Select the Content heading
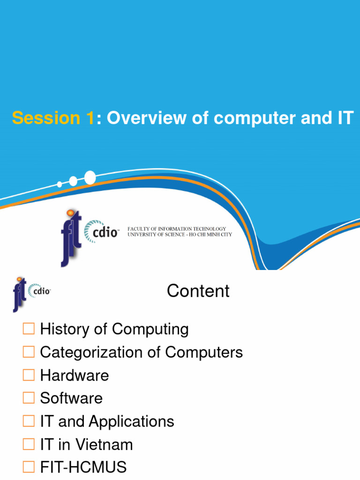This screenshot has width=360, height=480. [198, 291]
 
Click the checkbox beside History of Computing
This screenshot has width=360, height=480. [29, 329]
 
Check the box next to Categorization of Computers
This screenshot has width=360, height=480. [29, 352]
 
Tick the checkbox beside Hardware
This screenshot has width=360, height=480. [29, 375]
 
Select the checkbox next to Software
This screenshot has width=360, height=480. [29, 398]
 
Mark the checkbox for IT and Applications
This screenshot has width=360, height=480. [29, 421]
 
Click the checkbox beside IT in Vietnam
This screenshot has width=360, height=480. [29, 444]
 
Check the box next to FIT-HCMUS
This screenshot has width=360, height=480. [29, 467]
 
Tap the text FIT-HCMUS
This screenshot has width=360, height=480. [83, 467]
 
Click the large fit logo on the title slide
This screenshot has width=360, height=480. [71, 237]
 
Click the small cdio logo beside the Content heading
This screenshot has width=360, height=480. [39, 291]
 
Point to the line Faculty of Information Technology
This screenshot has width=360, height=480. [177, 229]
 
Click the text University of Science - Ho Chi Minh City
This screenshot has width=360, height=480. [180, 234]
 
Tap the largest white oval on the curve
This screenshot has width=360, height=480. [90, 178]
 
